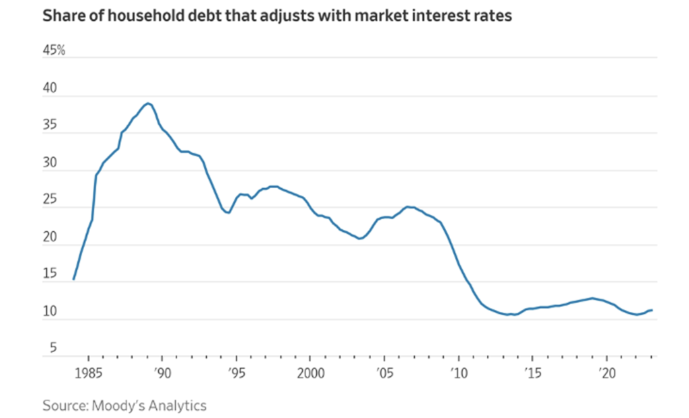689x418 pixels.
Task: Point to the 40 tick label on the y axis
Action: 50,89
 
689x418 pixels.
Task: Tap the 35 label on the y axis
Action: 50,126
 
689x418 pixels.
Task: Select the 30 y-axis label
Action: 50,163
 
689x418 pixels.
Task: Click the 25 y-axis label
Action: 50,200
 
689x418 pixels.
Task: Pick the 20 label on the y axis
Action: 50,237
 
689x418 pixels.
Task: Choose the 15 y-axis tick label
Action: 50,275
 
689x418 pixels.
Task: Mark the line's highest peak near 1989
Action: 147,103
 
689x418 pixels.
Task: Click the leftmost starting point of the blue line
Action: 73,279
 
